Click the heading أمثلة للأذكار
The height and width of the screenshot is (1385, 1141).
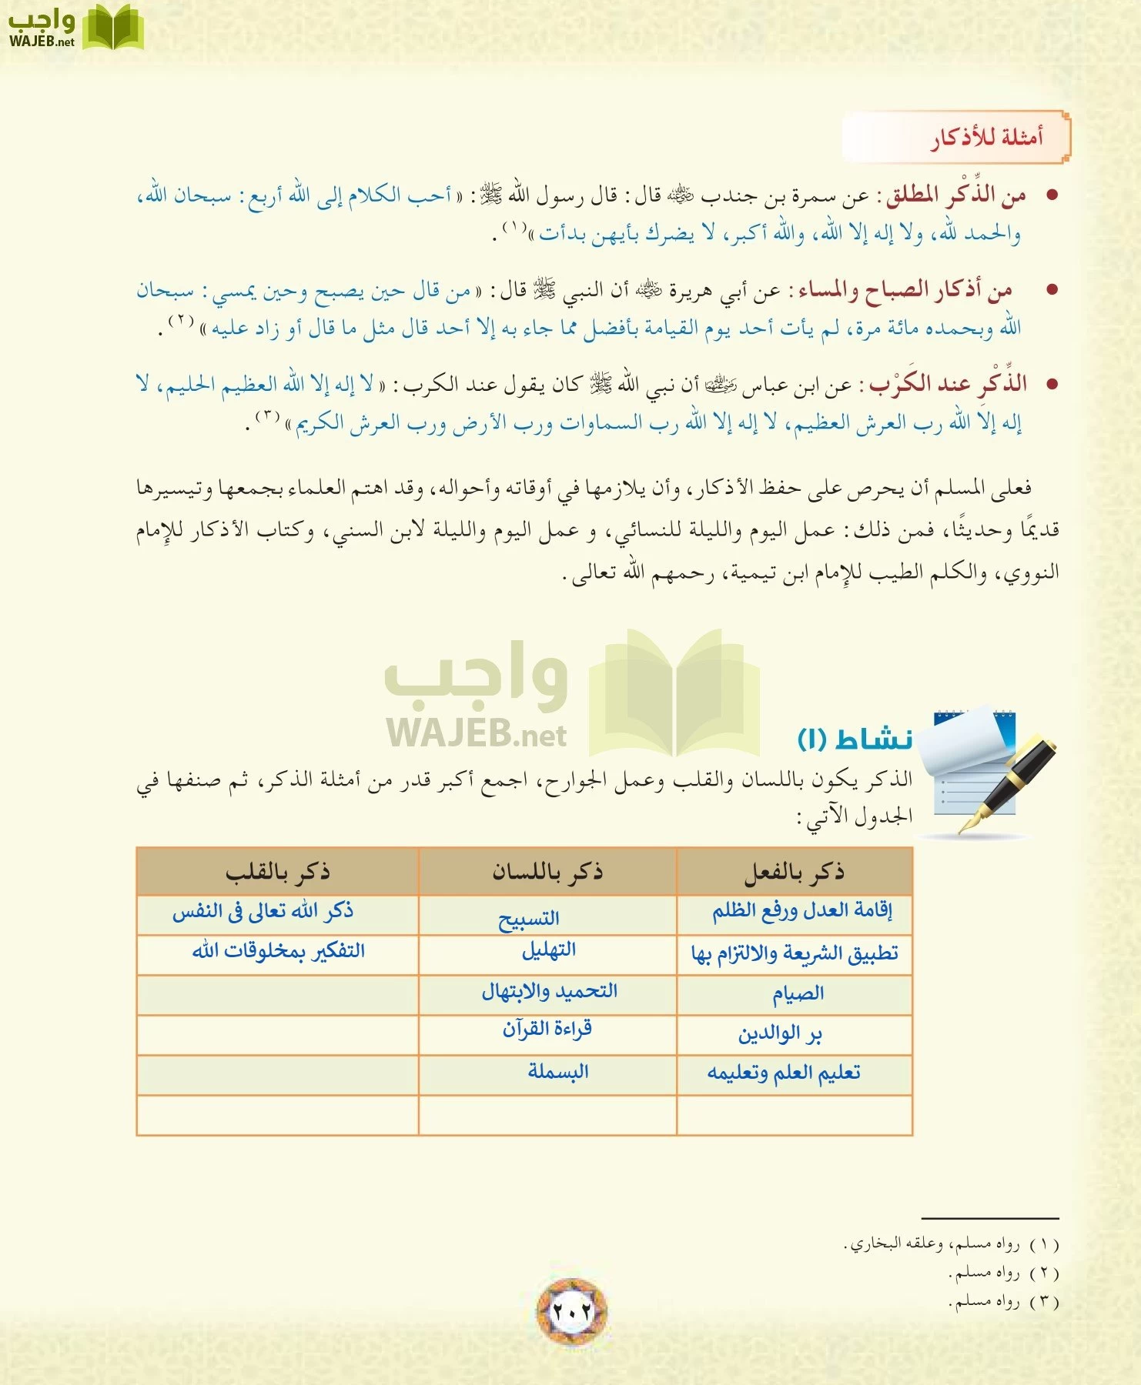click(987, 138)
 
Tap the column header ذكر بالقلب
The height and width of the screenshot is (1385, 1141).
click(277, 872)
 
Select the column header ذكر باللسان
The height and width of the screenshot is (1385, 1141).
click(547, 872)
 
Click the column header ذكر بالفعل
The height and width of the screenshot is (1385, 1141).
click(794, 872)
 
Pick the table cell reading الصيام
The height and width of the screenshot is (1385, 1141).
click(798, 994)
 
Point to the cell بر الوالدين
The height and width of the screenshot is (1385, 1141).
click(780, 1034)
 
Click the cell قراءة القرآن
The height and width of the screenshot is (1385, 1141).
click(547, 1030)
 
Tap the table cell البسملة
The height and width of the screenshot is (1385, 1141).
click(558, 1072)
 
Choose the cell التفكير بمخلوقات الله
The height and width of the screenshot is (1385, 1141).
click(278, 952)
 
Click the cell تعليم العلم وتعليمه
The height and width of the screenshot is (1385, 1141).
click(784, 1073)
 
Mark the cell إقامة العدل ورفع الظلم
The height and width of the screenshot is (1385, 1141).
click(801, 912)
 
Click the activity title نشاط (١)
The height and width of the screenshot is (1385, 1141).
click(855, 739)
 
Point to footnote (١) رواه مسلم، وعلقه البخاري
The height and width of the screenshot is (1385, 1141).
click(952, 1244)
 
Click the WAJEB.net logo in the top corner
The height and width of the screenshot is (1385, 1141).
click(75, 28)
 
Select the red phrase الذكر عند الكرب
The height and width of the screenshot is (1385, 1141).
click(949, 384)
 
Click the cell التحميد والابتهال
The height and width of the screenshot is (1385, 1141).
click(549, 992)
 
